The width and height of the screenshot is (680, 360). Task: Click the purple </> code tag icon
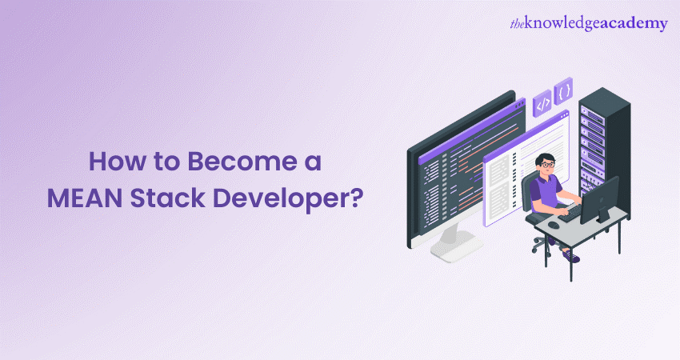[542, 103]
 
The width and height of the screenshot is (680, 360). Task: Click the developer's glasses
[546, 163]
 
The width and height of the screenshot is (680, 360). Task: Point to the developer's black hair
[545, 154]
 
